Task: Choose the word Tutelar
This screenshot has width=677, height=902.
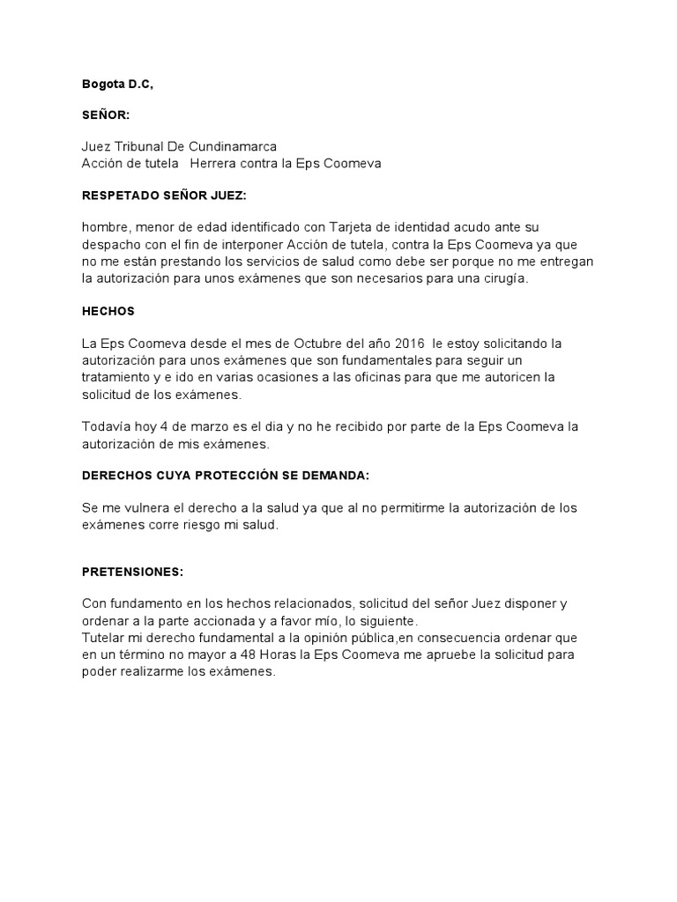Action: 104,636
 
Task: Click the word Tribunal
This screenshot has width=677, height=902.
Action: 138,146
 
